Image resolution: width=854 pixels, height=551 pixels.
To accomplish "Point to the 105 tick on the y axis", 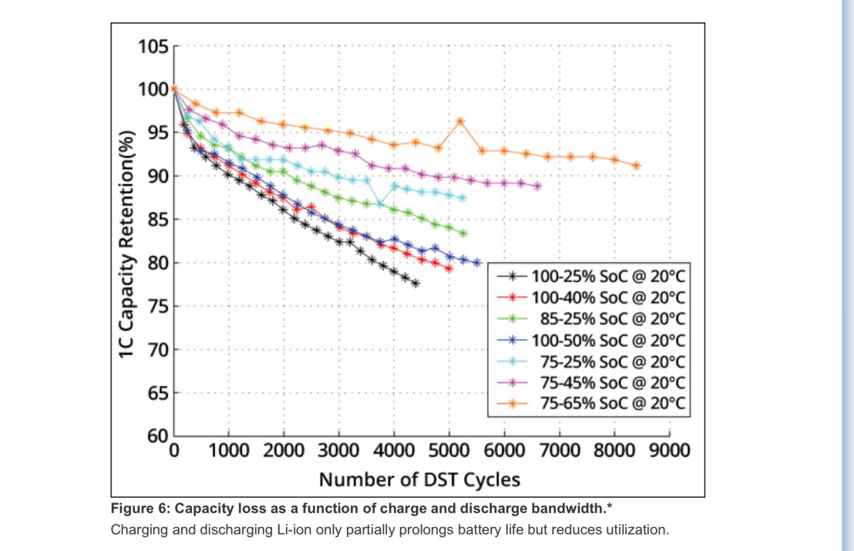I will click(153, 46).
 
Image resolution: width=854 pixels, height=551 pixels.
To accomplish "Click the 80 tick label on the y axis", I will click(157, 263).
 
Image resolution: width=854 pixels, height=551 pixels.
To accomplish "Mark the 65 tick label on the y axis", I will click(157, 393).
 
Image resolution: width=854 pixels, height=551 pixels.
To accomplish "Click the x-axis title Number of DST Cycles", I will click(419, 479).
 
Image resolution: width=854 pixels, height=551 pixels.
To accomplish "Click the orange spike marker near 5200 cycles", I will click(460, 121).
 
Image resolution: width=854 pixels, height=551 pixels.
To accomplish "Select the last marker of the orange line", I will click(637, 166).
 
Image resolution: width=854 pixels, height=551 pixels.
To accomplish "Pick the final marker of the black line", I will click(415, 284).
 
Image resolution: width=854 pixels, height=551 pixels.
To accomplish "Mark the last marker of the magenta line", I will click(537, 186).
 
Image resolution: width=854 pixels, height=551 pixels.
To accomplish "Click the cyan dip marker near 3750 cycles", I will click(381, 204).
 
